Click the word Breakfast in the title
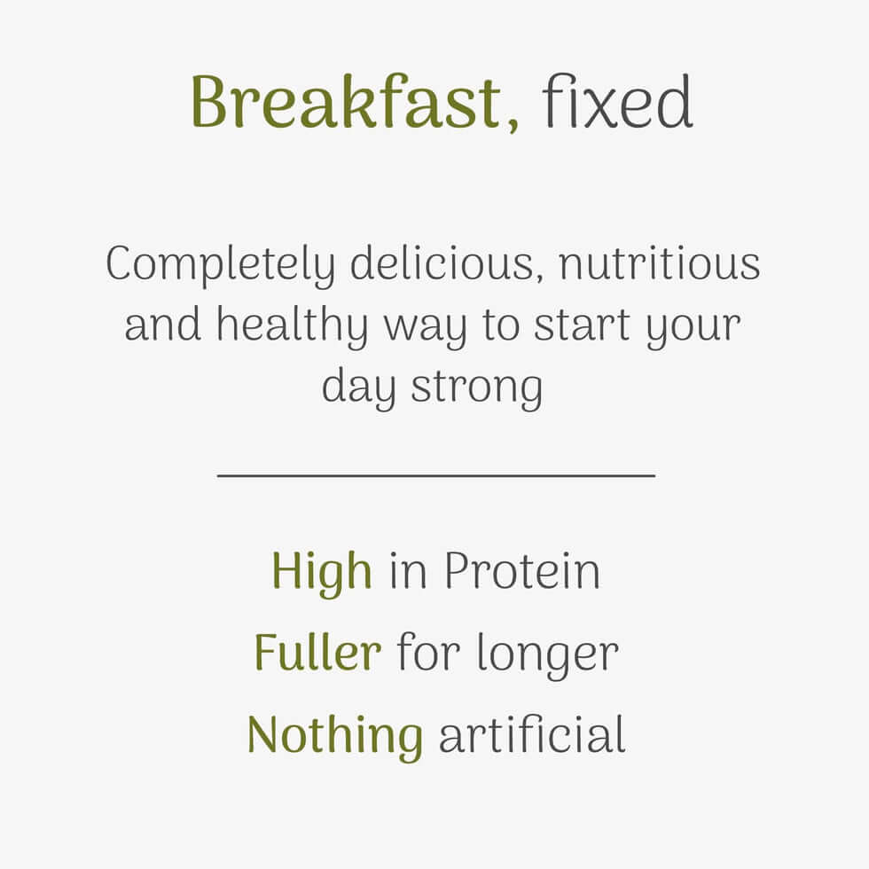[x=346, y=102]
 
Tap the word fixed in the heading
[x=617, y=102]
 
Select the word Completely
[x=221, y=265]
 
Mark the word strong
[x=476, y=388]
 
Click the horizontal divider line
[x=435, y=475]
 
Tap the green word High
[x=321, y=572]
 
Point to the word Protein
[x=521, y=572]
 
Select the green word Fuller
[x=317, y=654]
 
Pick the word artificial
[x=532, y=735]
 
